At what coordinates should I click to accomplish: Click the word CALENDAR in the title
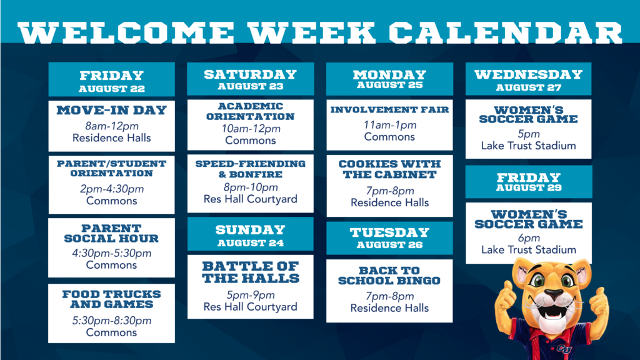tap(505, 33)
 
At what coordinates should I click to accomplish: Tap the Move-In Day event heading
tap(111, 110)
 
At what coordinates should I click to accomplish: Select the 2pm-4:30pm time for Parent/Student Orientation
tap(112, 189)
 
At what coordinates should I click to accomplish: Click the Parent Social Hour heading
tap(111, 234)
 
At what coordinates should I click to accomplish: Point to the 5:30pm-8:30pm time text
tap(112, 321)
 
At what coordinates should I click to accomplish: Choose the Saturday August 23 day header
tap(251, 79)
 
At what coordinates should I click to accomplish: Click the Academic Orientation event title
tap(250, 111)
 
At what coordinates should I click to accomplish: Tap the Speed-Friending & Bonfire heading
tap(250, 169)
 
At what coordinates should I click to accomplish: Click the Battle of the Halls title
tap(251, 272)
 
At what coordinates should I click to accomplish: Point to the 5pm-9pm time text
tap(251, 295)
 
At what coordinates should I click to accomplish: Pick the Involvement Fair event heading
tap(389, 110)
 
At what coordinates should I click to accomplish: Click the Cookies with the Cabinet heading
tap(390, 169)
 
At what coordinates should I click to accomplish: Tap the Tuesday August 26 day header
tap(389, 238)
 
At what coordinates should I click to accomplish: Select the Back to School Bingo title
tap(389, 276)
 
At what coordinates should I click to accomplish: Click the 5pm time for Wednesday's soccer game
tap(529, 134)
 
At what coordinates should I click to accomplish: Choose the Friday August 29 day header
tap(529, 182)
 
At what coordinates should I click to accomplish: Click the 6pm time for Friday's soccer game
tap(529, 238)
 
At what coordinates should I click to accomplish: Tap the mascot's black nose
tap(554, 294)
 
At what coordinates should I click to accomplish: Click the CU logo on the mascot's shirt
tap(564, 349)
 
